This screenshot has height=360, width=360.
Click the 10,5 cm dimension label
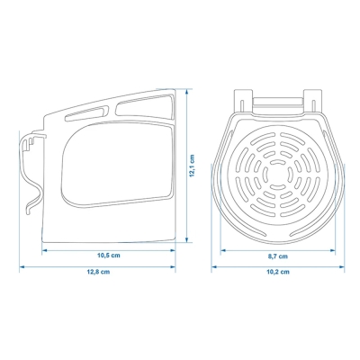[x=110, y=256]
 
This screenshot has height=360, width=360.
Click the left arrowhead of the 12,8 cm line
[x=22, y=265]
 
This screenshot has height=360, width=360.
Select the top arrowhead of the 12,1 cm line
[x=184, y=87]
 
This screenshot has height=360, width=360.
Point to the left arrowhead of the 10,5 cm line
[x=43, y=250]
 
